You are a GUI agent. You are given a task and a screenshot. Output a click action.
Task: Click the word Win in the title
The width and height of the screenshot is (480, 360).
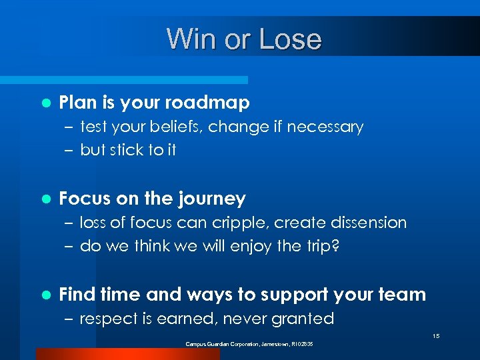(x=188, y=39)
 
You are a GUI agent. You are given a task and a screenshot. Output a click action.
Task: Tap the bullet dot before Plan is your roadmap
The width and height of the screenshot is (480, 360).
(x=45, y=103)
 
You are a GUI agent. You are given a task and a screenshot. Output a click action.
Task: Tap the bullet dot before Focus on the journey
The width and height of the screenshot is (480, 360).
(x=45, y=199)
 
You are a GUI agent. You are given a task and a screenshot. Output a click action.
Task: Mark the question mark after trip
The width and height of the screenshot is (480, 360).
(x=335, y=246)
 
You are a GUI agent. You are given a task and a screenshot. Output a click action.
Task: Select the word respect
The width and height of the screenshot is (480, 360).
(x=105, y=319)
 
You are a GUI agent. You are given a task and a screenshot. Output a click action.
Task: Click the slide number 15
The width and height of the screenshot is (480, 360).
(x=435, y=336)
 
